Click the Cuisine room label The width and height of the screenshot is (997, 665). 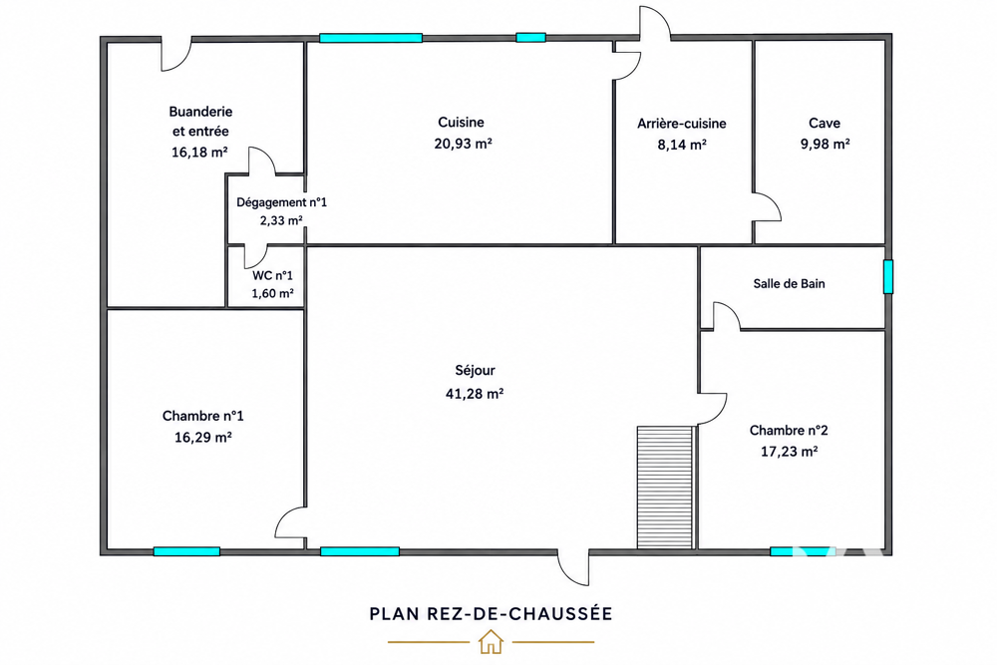[x=461, y=122]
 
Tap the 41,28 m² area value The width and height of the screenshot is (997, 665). [x=475, y=394]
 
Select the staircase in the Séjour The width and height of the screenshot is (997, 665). [x=665, y=487]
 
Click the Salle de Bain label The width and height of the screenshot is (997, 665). [x=789, y=283]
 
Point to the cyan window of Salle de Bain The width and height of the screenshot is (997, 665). [x=888, y=276]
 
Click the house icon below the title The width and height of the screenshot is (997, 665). [x=491, y=641]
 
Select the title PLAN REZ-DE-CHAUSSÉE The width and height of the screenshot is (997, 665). [x=491, y=613]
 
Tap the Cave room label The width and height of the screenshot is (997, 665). [x=825, y=124]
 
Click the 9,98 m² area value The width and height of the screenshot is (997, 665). [x=825, y=145]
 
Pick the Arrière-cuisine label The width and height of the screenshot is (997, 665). [x=682, y=124]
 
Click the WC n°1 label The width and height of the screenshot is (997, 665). [x=273, y=275]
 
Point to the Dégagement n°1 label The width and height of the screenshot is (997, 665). [x=282, y=202]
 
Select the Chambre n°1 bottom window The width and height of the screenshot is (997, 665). [x=187, y=551]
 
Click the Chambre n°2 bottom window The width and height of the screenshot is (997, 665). [x=800, y=551]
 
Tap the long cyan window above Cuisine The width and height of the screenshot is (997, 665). [x=371, y=38]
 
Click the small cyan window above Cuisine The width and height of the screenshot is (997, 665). [x=531, y=38]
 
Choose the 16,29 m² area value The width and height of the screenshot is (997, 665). [x=202, y=438]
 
